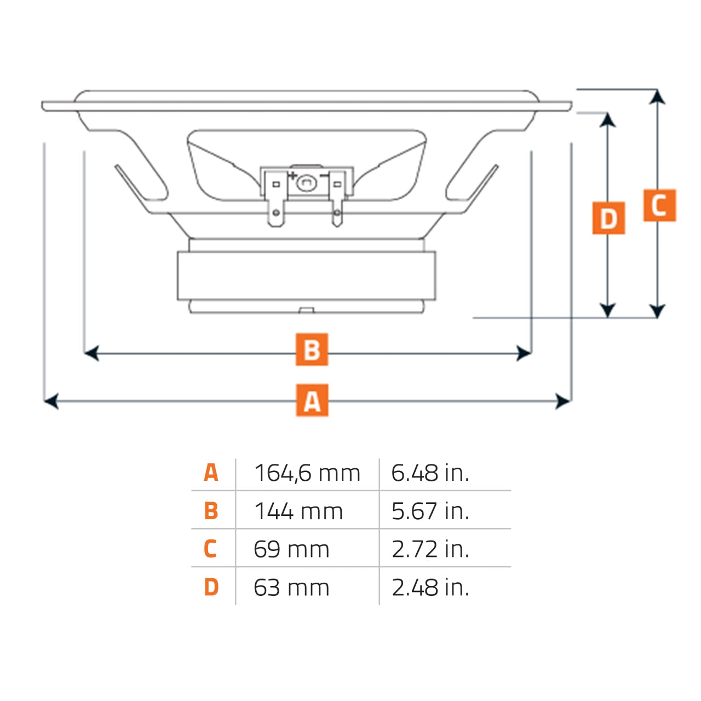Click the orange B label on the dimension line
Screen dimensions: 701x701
312,349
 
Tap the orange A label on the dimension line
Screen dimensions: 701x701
312,400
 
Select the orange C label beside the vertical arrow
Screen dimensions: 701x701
659,205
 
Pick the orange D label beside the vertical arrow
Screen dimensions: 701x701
608,218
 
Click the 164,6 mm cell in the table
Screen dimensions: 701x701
307,473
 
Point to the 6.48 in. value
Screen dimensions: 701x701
430,473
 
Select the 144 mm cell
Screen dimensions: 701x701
298,512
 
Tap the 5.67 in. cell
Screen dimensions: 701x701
430,512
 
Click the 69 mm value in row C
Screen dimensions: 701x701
291,549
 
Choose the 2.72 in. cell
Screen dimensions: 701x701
430,549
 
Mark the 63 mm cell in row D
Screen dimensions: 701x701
291,588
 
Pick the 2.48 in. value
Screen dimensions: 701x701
430,588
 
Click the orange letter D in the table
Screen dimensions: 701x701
211,587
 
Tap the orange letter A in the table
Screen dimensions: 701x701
211,473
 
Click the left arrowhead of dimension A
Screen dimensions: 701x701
50,401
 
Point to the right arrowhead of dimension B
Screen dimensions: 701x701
525,353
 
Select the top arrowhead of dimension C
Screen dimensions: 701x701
657,97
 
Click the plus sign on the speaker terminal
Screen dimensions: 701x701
292,175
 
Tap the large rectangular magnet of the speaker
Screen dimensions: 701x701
306,275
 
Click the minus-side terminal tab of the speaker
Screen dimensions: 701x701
337,211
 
